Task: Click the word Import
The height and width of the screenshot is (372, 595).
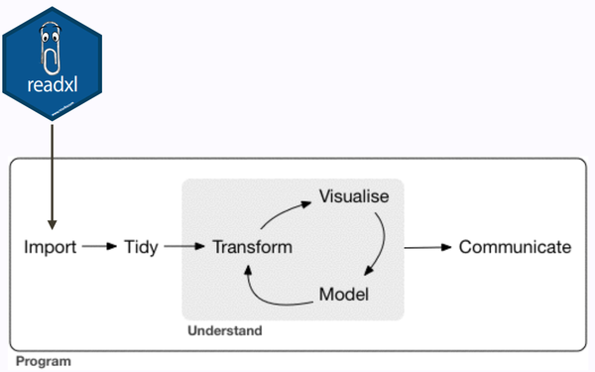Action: pyautogui.click(x=50, y=247)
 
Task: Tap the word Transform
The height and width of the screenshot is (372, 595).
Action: pyautogui.click(x=252, y=247)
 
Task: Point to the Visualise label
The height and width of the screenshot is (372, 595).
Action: pyautogui.click(x=353, y=197)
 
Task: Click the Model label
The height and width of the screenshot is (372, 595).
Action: pyautogui.click(x=344, y=295)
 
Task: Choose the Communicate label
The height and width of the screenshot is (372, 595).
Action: pyautogui.click(x=515, y=247)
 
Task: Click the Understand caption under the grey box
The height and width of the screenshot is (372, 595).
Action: pyautogui.click(x=224, y=329)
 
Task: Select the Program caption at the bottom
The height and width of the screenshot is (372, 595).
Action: pyautogui.click(x=43, y=362)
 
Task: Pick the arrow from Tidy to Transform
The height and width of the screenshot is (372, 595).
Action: pyautogui.click(x=184, y=247)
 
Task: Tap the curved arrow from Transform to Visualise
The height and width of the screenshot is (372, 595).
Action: pyautogui.click(x=281, y=211)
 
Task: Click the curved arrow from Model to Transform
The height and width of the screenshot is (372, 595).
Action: pyautogui.click(x=270, y=287)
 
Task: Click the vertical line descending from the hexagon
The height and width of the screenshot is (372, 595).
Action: pyautogui.click(x=52, y=169)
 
